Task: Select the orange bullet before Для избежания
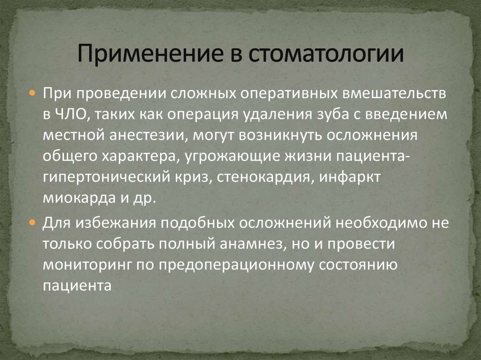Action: click(33, 222)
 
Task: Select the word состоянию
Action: click(357, 264)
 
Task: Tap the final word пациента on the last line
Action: click(77, 286)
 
